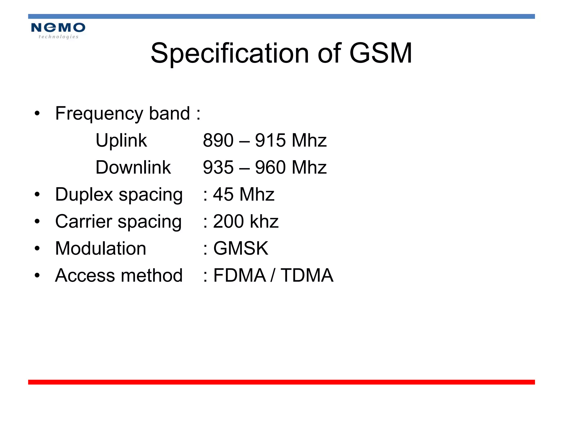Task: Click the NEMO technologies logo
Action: [x=58, y=30]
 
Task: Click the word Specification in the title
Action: [x=230, y=53]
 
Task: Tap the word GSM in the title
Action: [x=380, y=53]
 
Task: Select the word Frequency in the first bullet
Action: [x=99, y=114]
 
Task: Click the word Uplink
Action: [x=121, y=141]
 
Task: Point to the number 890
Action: [x=218, y=140]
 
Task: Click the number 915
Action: [x=270, y=140]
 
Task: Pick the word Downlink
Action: [x=133, y=167]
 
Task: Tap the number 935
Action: [x=218, y=167]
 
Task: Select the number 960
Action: [x=270, y=167]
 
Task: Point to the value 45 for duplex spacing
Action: [x=223, y=195]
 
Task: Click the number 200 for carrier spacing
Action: [x=228, y=221]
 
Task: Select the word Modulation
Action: [x=101, y=248]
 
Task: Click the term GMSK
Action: [x=241, y=248]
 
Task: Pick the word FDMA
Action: [x=239, y=275]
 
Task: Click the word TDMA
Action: [x=307, y=275]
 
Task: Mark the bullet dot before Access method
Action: [x=37, y=275]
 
